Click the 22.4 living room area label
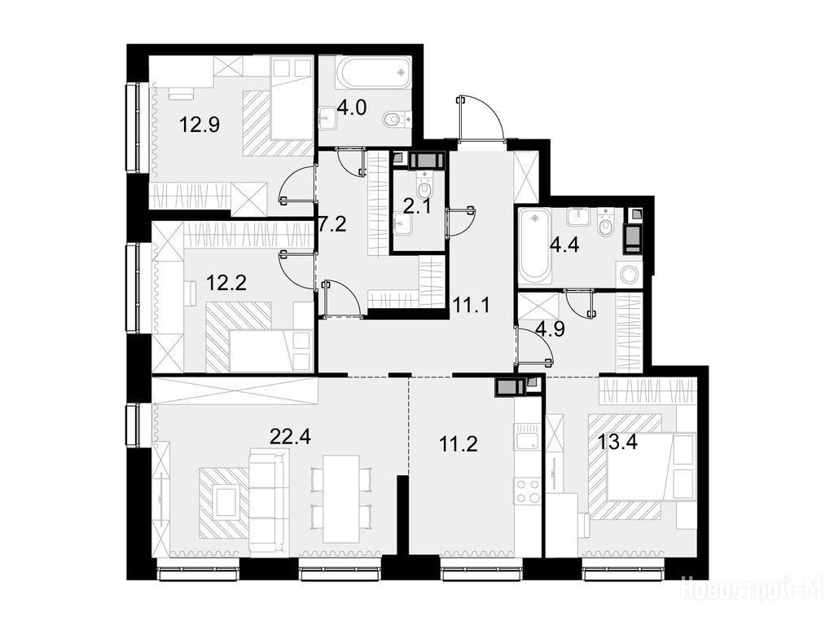290,437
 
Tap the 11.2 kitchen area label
458,443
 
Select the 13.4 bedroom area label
618,441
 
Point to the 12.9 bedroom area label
200,126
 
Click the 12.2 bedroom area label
226,283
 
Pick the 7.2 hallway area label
332,223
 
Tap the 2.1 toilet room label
418,206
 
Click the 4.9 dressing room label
550,329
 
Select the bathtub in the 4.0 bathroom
373,73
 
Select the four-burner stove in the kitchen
527,492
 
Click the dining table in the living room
341,498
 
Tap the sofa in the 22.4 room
269,501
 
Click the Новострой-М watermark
755,590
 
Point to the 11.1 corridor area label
472,305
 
